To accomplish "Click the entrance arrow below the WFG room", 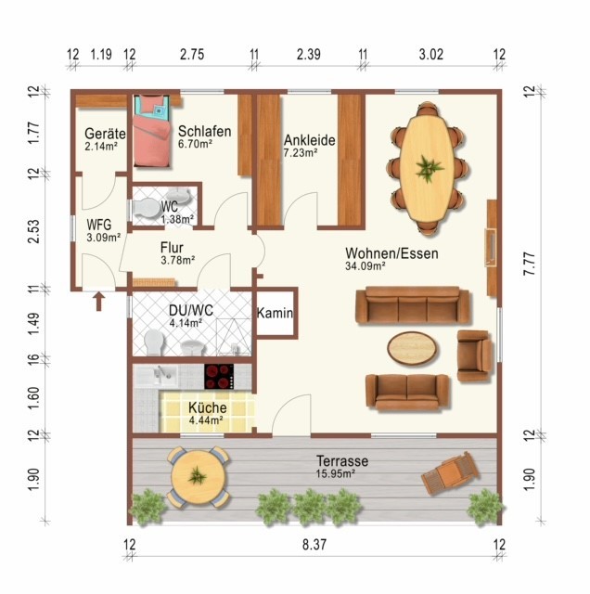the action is pos(99,302).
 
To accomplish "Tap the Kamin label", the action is pos(275,314).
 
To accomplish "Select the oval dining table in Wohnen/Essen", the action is pos(428,168).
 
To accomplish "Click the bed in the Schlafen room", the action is pos(151,130).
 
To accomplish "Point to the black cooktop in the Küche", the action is pos(219,377).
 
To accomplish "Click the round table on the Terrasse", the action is pos(198,476).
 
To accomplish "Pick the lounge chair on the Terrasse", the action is pos(450,472).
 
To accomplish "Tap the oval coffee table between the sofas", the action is pos(412,348).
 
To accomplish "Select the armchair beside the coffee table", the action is pos(474,355).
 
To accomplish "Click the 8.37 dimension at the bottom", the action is pos(314,545).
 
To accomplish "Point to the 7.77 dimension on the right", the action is pos(530,264).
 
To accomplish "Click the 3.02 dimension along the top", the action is pos(431,55).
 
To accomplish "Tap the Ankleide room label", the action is pos(310,140).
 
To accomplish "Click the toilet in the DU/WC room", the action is pos(154,342).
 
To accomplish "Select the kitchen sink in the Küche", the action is pos(157,376).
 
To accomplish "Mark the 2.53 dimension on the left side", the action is pos(33,231).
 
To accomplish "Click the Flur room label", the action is pos(172,248).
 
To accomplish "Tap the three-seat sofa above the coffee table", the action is pos(413,305).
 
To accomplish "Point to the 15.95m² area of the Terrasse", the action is pos(336,473).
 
